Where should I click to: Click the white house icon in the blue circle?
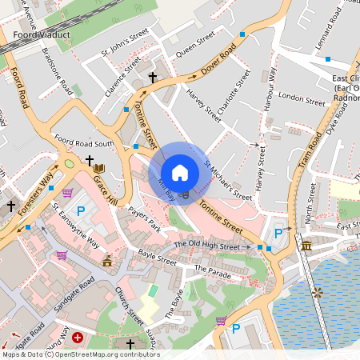(x=180, y=172)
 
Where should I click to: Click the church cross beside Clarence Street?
(x=153, y=78)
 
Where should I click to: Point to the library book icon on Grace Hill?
(x=99, y=168)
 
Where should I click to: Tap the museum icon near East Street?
(x=306, y=245)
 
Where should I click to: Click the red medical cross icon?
(x=77, y=338)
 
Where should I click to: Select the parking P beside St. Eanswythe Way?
(x=81, y=210)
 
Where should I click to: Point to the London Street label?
(x=302, y=99)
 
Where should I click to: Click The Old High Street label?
(x=206, y=245)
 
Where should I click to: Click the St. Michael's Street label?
(x=228, y=179)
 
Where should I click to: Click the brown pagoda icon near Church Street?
(x=107, y=261)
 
